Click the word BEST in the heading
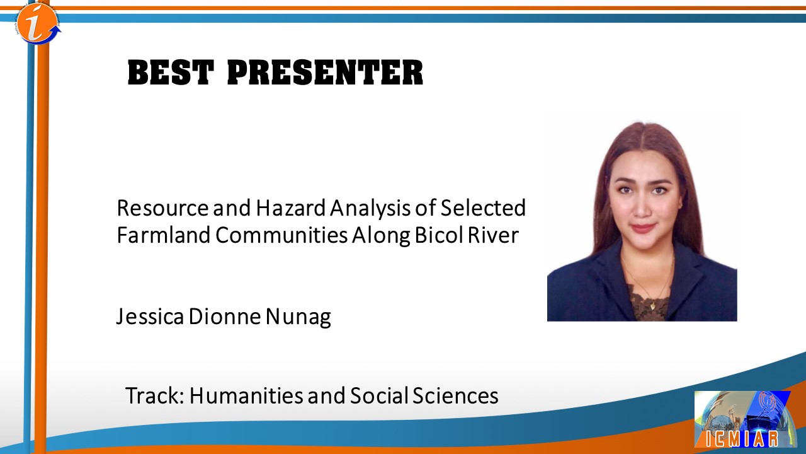[171, 73]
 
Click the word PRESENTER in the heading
[326, 73]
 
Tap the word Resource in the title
[162, 208]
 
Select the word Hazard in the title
[291, 208]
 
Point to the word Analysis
[371, 209]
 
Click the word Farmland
[164, 235]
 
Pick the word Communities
[281, 235]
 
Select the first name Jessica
[150, 317]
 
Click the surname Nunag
[298, 317]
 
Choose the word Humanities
[246, 395]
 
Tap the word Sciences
[455, 395]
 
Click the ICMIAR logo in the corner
[746, 419]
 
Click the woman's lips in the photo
[643, 228]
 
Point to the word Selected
[483, 208]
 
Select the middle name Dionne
[225, 317]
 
